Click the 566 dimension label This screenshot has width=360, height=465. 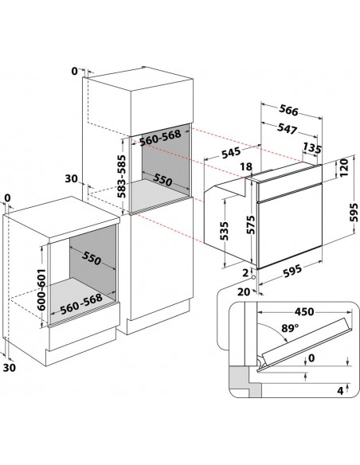(x=288, y=111)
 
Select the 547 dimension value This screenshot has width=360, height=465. (x=287, y=128)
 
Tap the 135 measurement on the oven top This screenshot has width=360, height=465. (x=312, y=147)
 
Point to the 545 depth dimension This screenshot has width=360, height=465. (x=231, y=152)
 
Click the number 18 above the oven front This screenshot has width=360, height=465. (x=246, y=166)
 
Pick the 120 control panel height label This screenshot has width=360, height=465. (x=343, y=168)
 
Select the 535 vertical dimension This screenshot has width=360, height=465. (x=225, y=231)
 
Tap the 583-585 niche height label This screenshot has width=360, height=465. (x=121, y=177)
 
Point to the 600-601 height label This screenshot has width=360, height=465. (x=41, y=290)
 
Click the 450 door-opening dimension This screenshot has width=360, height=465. (x=304, y=311)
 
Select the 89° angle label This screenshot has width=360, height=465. (x=290, y=328)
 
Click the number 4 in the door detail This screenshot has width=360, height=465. (x=340, y=391)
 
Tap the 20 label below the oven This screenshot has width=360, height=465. (x=244, y=292)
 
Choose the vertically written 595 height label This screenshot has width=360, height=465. (x=354, y=213)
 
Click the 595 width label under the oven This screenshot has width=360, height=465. (x=292, y=271)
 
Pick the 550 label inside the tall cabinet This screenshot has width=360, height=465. (x=162, y=180)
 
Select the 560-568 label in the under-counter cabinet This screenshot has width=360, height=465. (x=81, y=304)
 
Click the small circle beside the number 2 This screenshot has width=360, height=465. (x=253, y=278)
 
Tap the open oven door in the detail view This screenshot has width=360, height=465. (x=305, y=343)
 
